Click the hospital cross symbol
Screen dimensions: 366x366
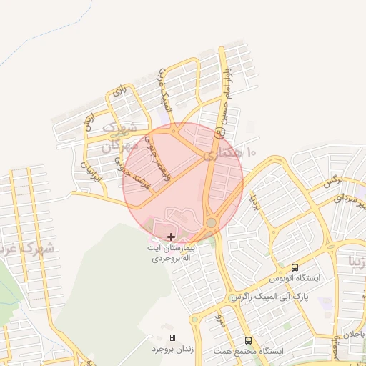pyautogui.click(x=170, y=236)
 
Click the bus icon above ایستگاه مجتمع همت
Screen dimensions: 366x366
pyautogui.click(x=248, y=341)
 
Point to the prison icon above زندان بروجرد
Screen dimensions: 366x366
pyautogui.click(x=172, y=337)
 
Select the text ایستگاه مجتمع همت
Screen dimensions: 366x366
pyautogui.click(x=258, y=352)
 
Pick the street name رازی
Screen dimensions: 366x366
pyautogui.click(x=117, y=92)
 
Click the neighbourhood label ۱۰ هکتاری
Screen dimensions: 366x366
pyautogui.click(x=229, y=153)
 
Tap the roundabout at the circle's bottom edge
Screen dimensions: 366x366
pyautogui.click(x=211, y=223)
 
